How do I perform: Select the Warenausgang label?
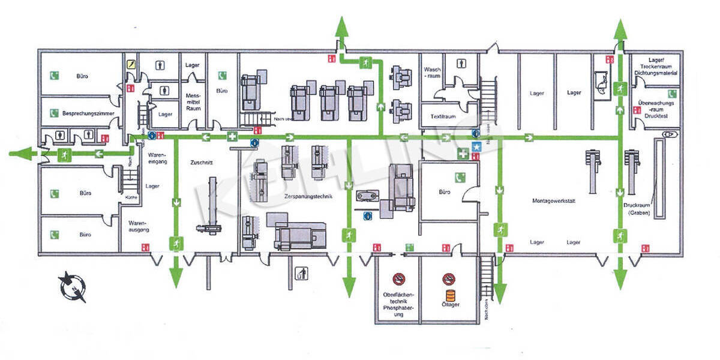138,226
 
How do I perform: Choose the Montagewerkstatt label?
553,201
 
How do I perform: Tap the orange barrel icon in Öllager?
450,296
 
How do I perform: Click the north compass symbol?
73,287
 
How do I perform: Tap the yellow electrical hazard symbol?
131,64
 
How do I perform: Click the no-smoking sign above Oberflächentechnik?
398,278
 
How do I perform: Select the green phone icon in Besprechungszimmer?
54,112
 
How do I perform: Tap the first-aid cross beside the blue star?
463,154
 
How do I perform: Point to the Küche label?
131,197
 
